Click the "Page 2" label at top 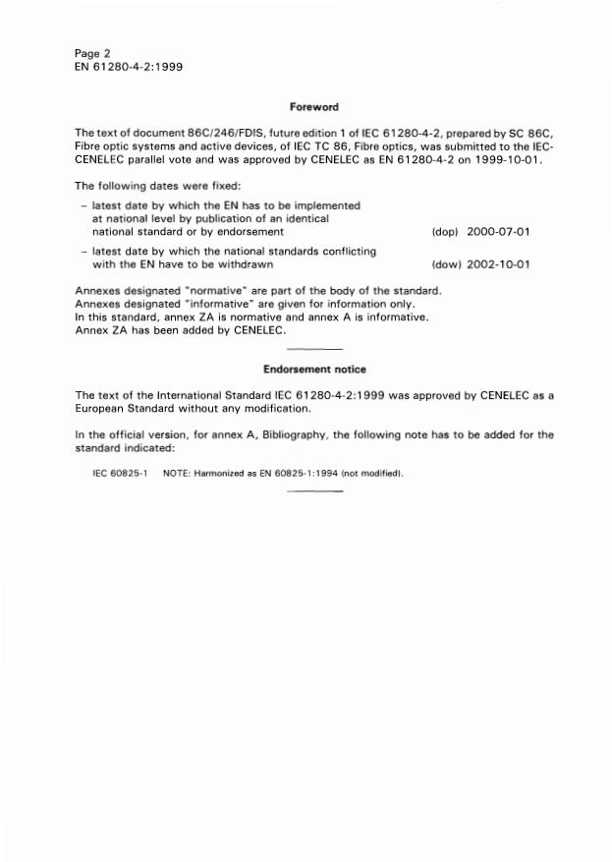pyautogui.click(x=95, y=52)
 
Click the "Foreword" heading pyautogui.click(x=314, y=106)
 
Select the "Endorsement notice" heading pyautogui.click(x=314, y=370)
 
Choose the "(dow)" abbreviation pyautogui.click(x=447, y=264)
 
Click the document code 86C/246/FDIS pyautogui.click(x=199, y=133)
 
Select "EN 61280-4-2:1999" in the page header pyautogui.click(x=127, y=67)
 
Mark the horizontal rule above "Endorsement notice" pyautogui.click(x=314, y=350)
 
